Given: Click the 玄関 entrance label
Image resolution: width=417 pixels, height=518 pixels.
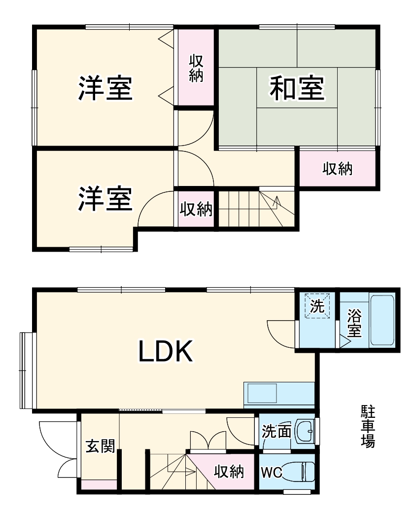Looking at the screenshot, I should (101, 446).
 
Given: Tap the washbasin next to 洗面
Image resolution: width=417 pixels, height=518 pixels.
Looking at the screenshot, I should (304, 433).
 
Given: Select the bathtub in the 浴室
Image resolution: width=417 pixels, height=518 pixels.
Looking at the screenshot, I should (382, 321).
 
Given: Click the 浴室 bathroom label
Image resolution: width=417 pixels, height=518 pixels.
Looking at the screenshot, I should (354, 323).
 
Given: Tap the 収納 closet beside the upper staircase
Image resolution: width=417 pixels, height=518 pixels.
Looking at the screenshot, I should (196, 210).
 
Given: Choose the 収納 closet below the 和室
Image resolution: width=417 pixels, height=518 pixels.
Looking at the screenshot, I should (338, 169).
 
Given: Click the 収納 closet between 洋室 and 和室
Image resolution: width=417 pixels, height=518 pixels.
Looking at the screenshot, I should (196, 69).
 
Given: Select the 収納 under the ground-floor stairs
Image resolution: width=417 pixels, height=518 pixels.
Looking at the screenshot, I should (229, 472).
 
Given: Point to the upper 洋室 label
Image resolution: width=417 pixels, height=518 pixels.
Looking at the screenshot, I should (105, 89).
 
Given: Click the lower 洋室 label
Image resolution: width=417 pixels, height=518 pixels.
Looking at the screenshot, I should (105, 199).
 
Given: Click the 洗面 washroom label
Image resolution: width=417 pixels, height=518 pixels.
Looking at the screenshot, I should (276, 432).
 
